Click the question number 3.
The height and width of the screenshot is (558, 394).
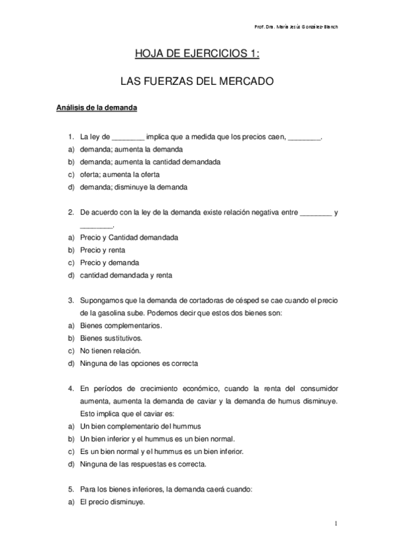click(70, 300)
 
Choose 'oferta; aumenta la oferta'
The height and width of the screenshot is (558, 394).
click(120, 174)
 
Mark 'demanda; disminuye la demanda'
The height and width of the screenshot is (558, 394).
click(134, 187)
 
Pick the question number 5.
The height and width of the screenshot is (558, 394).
click(70, 488)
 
